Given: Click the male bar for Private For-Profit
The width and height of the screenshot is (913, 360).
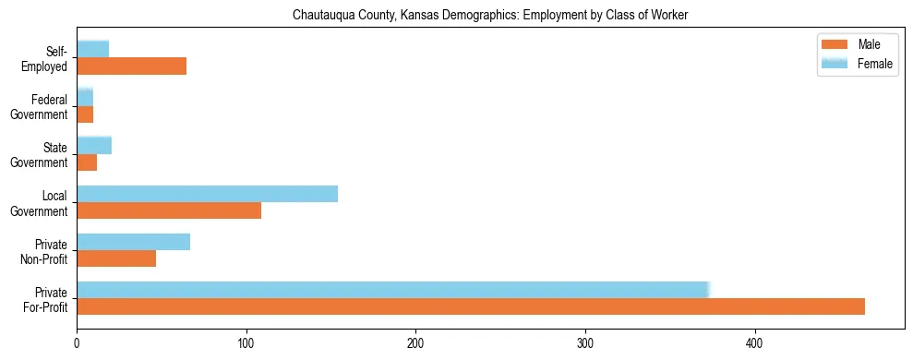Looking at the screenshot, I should [471, 306].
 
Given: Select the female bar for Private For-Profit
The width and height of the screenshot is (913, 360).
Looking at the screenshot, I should [392, 290].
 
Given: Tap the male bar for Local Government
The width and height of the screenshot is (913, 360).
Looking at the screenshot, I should [169, 210].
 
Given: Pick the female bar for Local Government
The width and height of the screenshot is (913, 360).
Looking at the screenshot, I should [207, 194].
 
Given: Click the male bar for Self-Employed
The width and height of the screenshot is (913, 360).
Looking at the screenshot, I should [131, 66].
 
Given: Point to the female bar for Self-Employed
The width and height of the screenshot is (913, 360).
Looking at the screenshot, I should [92, 50].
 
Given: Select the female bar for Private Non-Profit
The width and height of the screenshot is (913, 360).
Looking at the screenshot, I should [133, 242].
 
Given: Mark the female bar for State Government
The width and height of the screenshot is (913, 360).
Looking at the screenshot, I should [93, 145].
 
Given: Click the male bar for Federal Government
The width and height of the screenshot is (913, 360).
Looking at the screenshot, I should [85, 114].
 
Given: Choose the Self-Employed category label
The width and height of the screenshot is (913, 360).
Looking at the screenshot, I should [51, 58].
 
